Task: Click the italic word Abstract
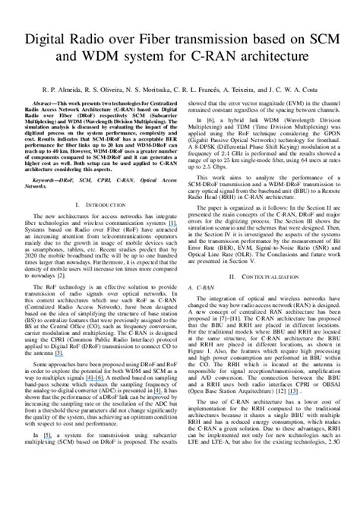pyautogui.click(x=46, y=100)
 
